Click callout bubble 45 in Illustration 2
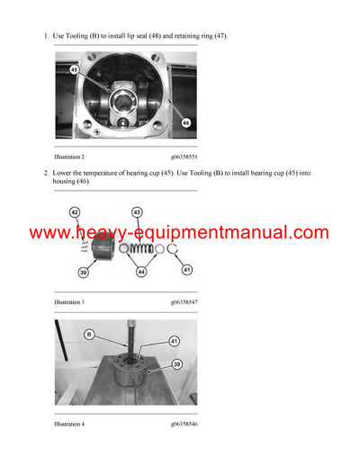[75, 69]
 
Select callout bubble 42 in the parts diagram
[75, 212]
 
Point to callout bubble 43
[137, 212]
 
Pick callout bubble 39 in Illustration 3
[82, 272]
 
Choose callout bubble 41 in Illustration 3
[186, 268]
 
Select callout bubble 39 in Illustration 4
[175, 365]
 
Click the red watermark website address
[179, 234]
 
